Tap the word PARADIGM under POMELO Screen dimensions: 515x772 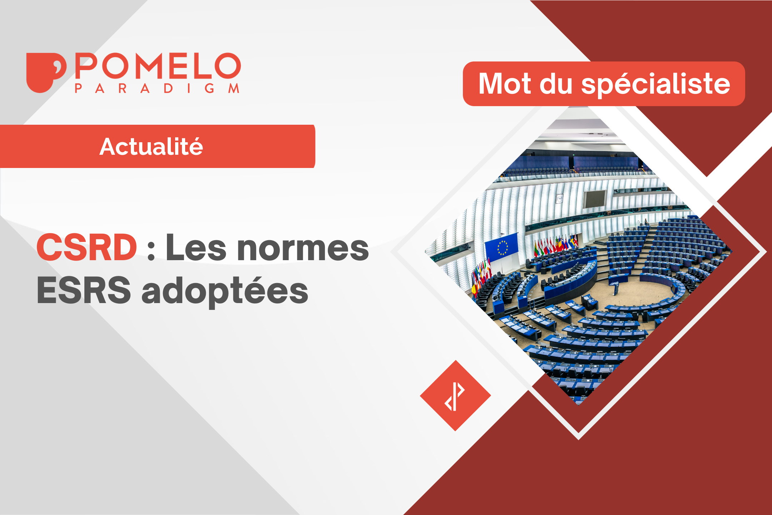157,88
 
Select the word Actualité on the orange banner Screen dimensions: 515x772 151,147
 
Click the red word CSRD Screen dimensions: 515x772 87,247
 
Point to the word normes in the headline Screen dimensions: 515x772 303,247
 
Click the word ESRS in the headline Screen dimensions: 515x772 84,290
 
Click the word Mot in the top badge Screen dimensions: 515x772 505,84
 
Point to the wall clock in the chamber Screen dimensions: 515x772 559,199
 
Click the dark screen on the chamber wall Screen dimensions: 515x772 594,199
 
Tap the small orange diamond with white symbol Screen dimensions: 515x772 455,396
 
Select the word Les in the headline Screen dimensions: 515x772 196,247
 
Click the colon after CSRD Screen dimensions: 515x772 151,250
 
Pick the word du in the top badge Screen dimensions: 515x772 556,84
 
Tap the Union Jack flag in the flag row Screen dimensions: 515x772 575,241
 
